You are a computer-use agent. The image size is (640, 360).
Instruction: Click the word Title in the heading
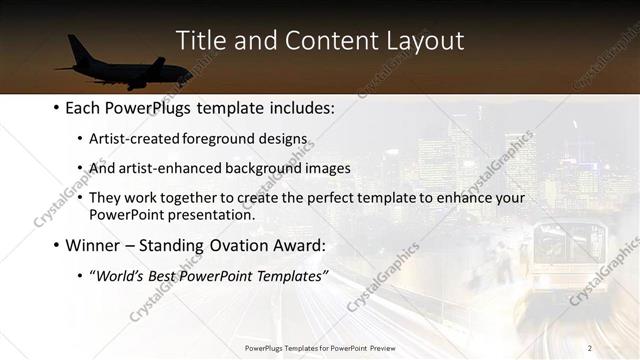pyautogui.click(x=200, y=41)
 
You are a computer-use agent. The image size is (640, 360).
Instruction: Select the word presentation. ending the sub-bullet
pyautogui.click(x=213, y=214)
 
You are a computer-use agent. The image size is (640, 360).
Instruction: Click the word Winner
pyautogui.click(x=92, y=245)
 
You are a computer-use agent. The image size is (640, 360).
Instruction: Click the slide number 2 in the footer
pyautogui.click(x=590, y=347)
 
